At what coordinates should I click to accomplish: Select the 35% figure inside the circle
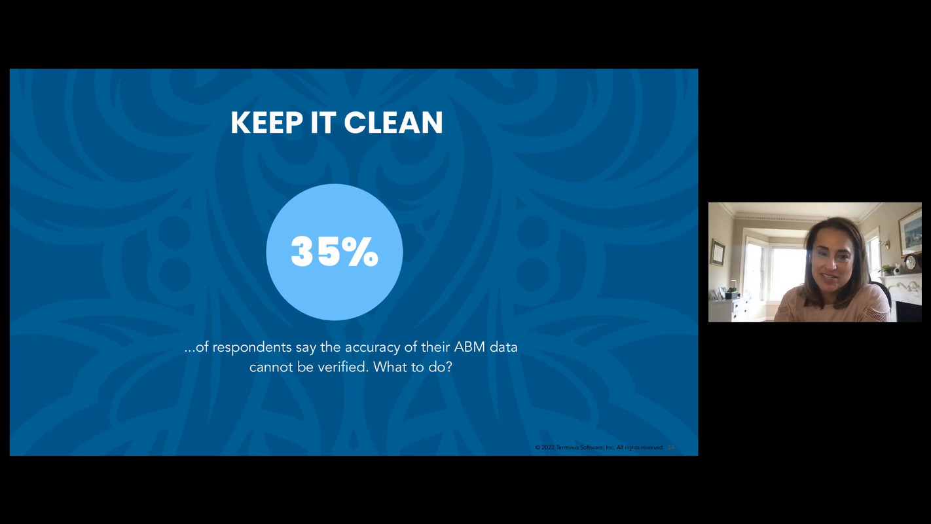335,252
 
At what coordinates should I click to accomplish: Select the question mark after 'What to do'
449,367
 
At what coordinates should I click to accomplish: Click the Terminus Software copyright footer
598,447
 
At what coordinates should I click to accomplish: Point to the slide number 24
671,447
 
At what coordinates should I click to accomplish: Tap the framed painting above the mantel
909,229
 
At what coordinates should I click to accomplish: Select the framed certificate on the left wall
718,252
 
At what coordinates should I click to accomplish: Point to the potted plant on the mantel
888,269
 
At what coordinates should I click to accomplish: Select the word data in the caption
503,347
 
